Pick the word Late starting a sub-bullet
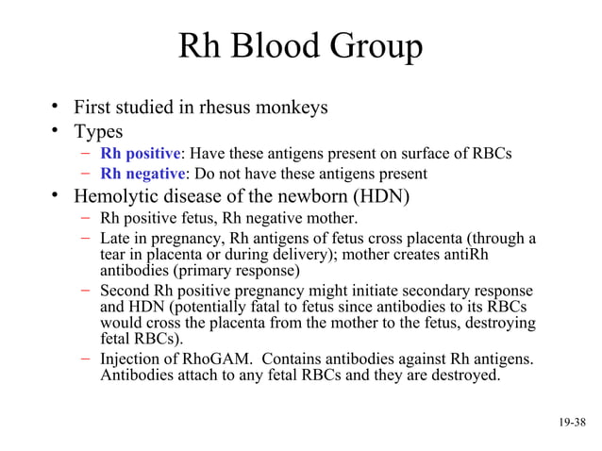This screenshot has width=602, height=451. click(x=116, y=238)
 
